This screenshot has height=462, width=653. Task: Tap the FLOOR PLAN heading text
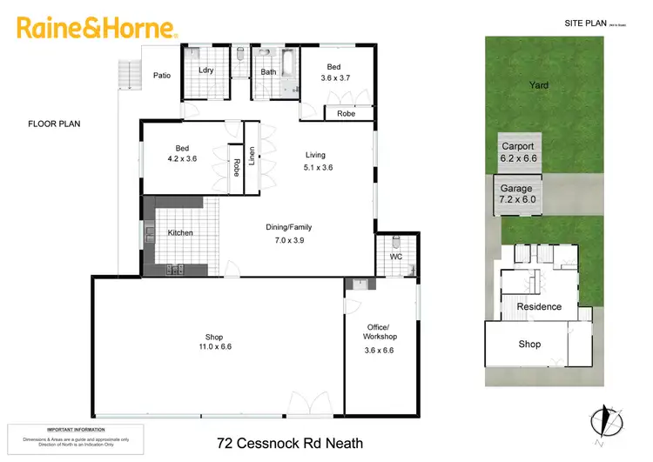(x=54, y=124)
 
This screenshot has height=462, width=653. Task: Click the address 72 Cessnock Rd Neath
(x=289, y=443)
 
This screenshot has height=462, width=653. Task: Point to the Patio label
(x=161, y=76)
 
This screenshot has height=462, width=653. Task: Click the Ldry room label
(x=206, y=70)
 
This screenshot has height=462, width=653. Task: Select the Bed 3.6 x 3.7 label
(x=334, y=71)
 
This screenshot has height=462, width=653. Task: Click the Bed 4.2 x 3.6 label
(x=181, y=153)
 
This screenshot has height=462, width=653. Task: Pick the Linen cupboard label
(x=252, y=157)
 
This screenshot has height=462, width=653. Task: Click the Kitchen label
(x=180, y=233)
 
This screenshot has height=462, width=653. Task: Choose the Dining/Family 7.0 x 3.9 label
(x=288, y=233)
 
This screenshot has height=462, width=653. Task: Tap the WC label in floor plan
(x=396, y=257)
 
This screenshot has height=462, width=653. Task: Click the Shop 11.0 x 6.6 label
(x=213, y=342)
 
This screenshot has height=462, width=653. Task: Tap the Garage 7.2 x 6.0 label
(x=517, y=193)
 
